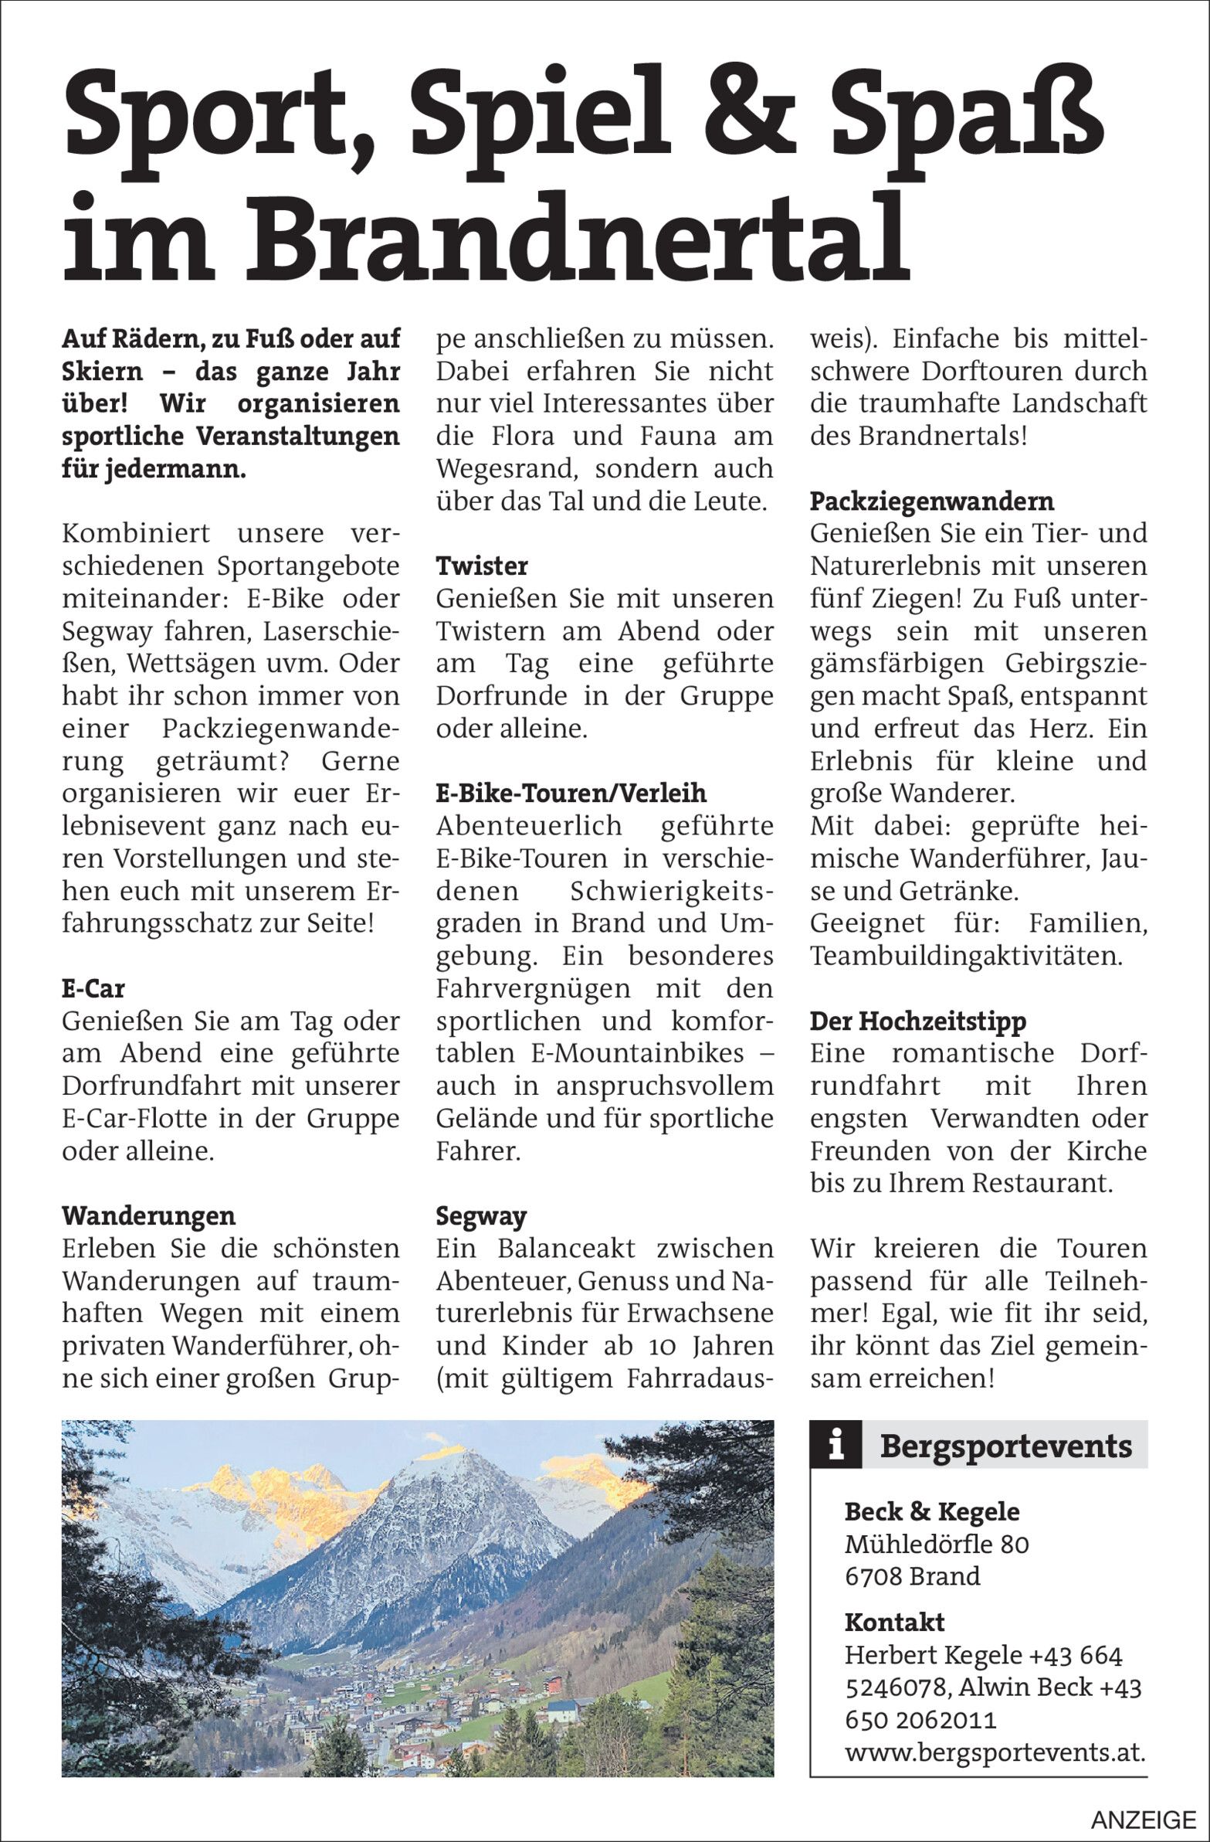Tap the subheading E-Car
(x=93, y=988)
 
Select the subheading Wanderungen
(x=148, y=1216)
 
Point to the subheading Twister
(x=481, y=566)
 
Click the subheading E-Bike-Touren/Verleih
(x=571, y=794)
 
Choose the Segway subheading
(x=480, y=1216)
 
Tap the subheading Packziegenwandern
(x=931, y=501)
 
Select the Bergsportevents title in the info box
(x=1005, y=1446)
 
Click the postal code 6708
(x=873, y=1576)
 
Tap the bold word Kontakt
(x=894, y=1622)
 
